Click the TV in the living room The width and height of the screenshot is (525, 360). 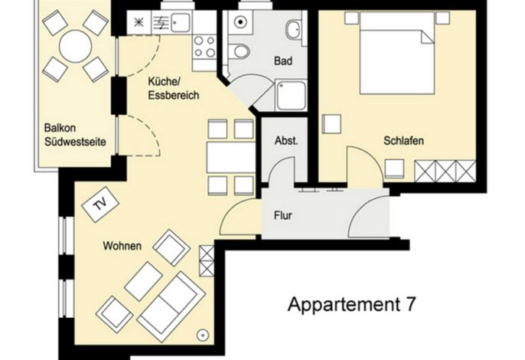[x=100, y=205]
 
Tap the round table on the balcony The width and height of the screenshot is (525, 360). [x=75, y=46]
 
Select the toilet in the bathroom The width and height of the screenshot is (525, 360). [x=240, y=51]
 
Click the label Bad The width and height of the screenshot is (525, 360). [x=283, y=61]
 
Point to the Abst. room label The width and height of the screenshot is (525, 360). [x=286, y=140]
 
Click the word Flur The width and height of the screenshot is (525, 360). [x=283, y=215]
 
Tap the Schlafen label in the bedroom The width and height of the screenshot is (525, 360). [x=403, y=140]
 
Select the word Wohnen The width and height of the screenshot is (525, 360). [x=122, y=246]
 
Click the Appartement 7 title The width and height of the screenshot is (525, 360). [x=351, y=304]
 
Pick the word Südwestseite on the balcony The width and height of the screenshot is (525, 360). [x=75, y=142]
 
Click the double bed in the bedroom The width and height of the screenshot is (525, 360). [x=397, y=53]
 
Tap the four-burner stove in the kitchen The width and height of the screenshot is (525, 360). [x=204, y=47]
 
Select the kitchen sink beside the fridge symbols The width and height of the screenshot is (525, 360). [x=181, y=23]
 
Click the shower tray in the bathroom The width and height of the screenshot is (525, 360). [x=291, y=96]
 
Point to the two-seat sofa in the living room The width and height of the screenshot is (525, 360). [x=171, y=306]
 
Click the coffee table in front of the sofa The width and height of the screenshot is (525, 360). [x=143, y=282]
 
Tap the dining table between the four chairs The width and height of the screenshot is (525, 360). [x=231, y=158]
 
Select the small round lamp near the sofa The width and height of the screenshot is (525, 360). [x=203, y=335]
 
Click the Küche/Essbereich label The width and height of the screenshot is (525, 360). [x=174, y=89]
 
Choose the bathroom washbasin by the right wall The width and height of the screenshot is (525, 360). [x=294, y=29]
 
